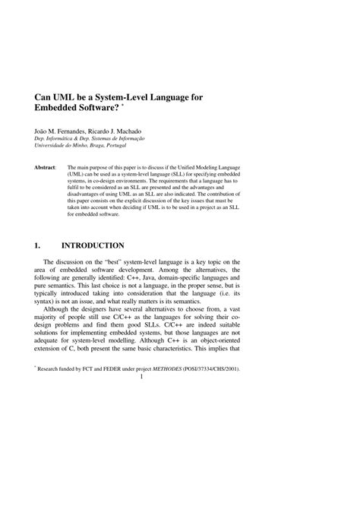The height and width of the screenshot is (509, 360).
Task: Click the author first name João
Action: pyautogui.click(x=43, y=131)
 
